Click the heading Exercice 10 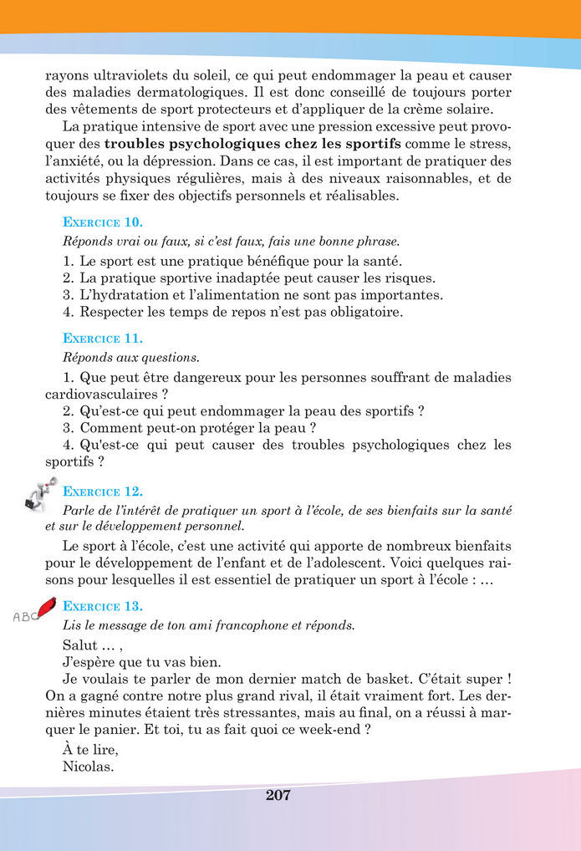tap(103, 222)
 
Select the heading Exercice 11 tap(103, 339)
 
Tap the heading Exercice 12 tap(103, 492)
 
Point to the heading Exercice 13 tap(103, 606)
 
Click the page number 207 tap(278, 795)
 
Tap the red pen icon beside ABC tap(46, 604)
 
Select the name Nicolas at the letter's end tap(88, 767)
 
